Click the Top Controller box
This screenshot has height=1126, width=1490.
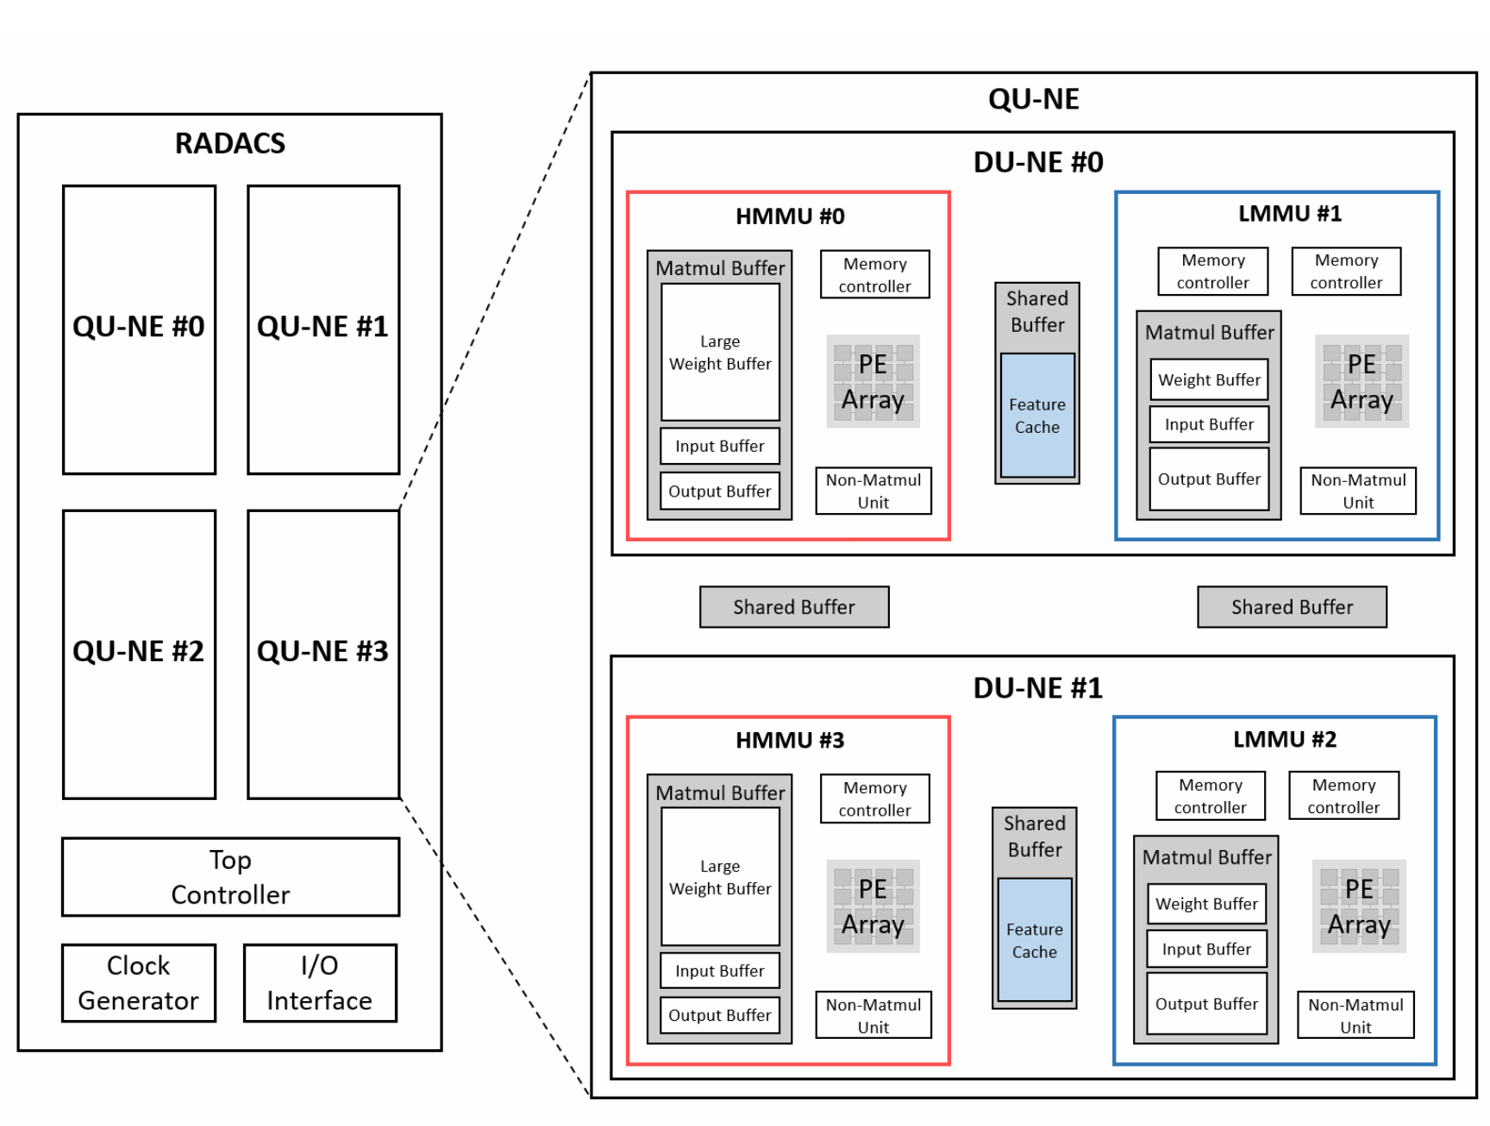point(230,877)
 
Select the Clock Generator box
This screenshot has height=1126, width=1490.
point(139,983)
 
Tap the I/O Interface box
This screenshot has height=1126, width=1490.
point(320,983)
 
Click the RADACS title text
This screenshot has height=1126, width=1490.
point(230,143)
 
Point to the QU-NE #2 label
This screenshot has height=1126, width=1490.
point(139,651)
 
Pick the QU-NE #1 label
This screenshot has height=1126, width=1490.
point(323,327)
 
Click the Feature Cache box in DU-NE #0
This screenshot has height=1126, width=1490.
point(1037,416)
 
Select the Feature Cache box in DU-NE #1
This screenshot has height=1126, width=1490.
point(1035,940)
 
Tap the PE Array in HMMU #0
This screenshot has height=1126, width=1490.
point(873,382)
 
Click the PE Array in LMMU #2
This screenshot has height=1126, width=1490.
point(1359,906)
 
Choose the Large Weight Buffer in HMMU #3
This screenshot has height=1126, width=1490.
point(720,877)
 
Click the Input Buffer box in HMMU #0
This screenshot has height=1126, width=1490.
point(720,446)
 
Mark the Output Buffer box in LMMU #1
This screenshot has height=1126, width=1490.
point(1210,479)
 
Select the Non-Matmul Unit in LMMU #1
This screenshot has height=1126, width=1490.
point(1358,491)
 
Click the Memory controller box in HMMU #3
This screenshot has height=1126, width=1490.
point(875,798)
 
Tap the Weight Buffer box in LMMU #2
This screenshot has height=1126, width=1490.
point(1207,904)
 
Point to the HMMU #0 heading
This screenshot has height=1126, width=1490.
point(790,216)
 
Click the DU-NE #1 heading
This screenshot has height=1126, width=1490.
point(1038,688)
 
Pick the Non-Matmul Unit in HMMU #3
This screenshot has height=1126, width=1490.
point(873,1015)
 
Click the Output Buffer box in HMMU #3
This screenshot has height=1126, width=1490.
point(720,1015)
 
